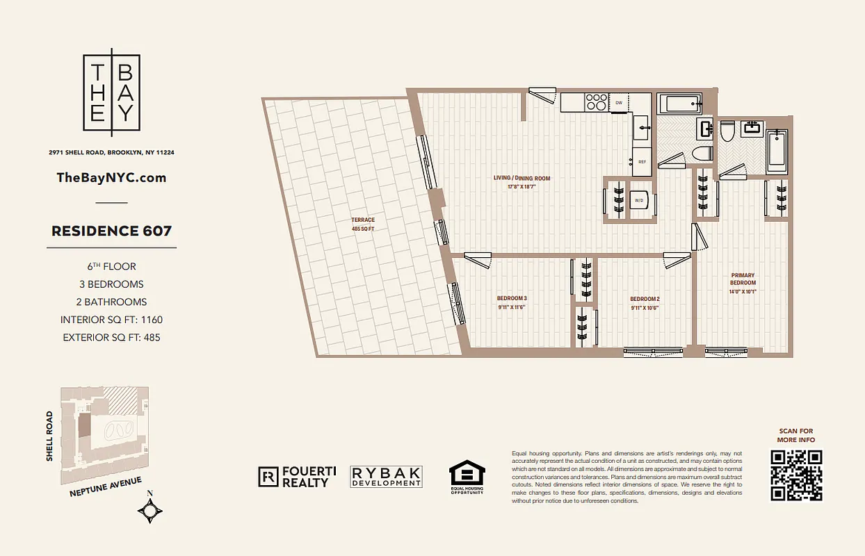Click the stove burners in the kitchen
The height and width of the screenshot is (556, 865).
tap(596, 102)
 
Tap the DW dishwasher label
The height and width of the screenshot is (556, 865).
tap(619, 104)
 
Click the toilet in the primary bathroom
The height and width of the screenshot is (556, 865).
tap(727, 130)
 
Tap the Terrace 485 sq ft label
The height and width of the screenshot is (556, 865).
tap(363, 224)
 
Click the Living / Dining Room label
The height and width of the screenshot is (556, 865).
tap(522, 179)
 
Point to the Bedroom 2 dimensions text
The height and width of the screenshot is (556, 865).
tap(645, 308)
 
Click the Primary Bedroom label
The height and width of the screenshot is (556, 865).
tap(742, 279)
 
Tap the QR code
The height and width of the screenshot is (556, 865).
tap(796, 475)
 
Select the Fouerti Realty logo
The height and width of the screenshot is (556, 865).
tap(298, 476)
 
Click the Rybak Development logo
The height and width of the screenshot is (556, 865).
tap(386, 476)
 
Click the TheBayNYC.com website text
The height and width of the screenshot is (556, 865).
tap(111, 177)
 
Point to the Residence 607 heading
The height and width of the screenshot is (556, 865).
tap(111, 231)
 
